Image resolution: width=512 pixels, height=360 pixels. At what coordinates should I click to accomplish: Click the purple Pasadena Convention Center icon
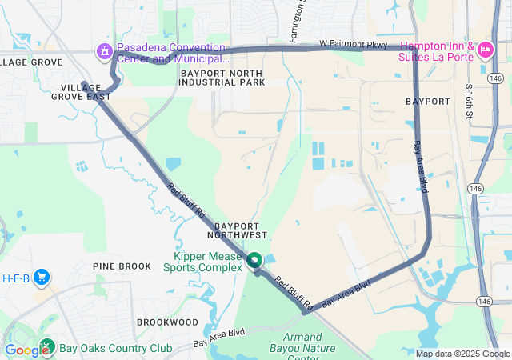pos(104,52)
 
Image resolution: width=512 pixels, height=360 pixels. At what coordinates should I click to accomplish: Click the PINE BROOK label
pos(122,266)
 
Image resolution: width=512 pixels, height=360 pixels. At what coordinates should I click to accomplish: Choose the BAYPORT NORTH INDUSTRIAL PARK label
pos(222,77)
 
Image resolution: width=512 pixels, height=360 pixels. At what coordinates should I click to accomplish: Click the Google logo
pos(26,350)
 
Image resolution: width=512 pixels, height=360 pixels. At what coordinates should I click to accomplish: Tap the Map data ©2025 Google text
pos(462,354)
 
